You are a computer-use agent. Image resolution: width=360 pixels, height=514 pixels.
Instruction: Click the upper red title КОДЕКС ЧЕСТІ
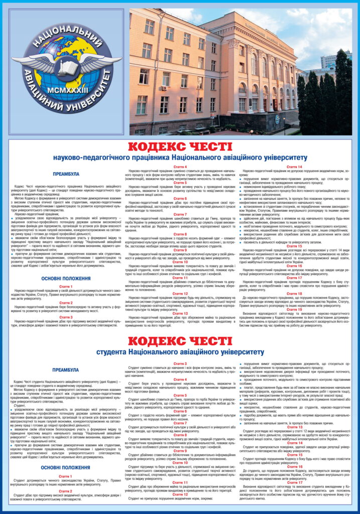click(x=180, y=147)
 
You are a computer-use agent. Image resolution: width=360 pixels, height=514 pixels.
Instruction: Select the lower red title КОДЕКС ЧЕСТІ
click(x=180, y=341)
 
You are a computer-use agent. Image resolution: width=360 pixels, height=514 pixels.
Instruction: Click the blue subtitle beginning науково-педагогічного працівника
click(x=180, y=157)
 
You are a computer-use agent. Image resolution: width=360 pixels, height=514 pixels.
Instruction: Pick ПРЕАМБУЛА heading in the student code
click(x=66, y=370)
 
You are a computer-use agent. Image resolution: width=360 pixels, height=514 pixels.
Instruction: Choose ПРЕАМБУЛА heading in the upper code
click(x=66, y=174)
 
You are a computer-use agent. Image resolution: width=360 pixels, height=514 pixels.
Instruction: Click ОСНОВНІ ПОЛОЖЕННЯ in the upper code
click(x=66, y=278)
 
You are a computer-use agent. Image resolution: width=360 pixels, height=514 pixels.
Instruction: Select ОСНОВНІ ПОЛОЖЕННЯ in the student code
click(x=66, y=467)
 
